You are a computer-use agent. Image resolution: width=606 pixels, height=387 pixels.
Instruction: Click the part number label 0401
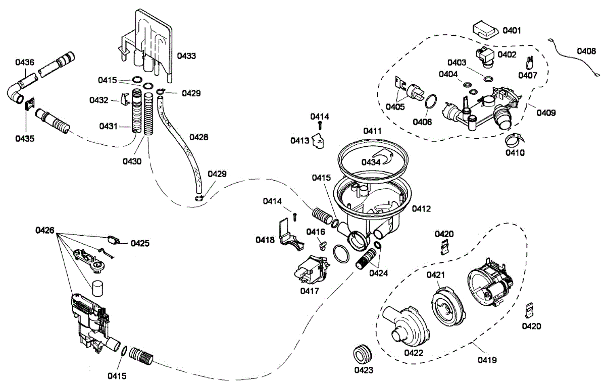[512, 31]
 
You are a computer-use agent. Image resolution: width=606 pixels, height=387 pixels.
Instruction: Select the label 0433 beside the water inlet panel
[186, 56]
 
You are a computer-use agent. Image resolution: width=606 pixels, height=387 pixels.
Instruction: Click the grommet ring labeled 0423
[363, 354]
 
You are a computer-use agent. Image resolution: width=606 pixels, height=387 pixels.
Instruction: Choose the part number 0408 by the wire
[586, 51]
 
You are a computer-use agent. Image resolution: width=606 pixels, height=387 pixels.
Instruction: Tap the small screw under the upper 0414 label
[320, 126]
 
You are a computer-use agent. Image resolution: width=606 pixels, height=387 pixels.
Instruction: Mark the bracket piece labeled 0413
[319, 141]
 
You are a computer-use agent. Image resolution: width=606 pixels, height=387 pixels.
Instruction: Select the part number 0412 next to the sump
[421, 208]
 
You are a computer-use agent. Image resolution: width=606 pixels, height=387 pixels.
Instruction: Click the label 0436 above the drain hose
[25, 62]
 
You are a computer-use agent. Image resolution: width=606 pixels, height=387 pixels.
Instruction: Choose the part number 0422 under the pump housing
[414, 353]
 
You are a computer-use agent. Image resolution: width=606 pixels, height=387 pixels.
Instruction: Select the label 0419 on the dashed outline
[487, 360]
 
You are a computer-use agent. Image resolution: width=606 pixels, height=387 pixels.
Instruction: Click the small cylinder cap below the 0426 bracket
[97, 289]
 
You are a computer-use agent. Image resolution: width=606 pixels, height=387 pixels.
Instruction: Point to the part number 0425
[140, 243]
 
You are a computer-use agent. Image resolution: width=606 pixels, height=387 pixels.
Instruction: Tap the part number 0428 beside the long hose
[199, 137]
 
